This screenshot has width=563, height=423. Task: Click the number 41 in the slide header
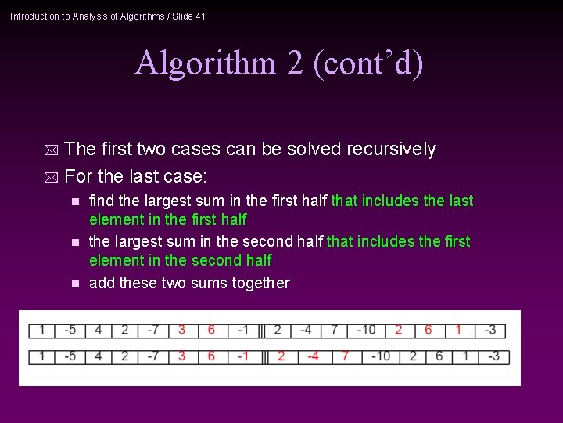pos(200,16)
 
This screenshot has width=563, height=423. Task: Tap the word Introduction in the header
pos(34,16)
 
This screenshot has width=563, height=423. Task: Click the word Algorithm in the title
pos(205,63)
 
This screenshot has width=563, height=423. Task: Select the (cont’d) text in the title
pos(368,63)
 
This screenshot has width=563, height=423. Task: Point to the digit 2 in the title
pos(294,63)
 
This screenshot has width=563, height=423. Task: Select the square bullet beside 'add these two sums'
pos(75,284)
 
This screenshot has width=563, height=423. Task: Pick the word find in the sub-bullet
pos(102,201)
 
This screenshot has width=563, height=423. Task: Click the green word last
pos(461,201)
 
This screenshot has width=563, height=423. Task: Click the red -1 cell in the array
pos(242,356)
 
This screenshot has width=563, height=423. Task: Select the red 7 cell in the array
pos(345,356)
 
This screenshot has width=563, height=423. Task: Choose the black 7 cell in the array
pos(334,330)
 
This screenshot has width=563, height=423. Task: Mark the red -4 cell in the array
pos(313,356)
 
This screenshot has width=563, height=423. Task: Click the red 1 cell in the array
pos(458,330)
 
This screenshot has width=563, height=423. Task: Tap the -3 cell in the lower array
pos(493,356)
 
